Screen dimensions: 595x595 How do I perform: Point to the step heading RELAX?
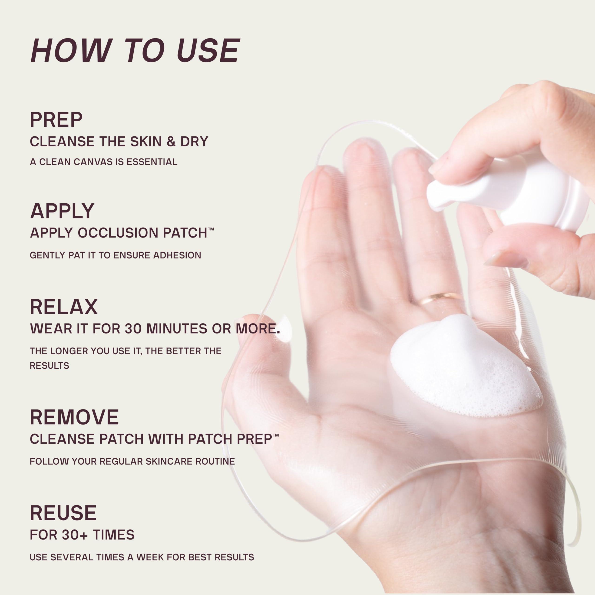64,307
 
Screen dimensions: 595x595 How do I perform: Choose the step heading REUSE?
63,513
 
